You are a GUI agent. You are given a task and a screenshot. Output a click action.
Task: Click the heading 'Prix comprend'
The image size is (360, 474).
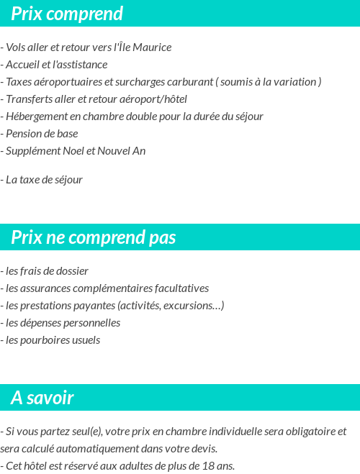click(x=67, y=14)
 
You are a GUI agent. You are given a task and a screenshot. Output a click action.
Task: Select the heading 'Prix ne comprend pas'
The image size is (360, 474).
click(x=93, y=237)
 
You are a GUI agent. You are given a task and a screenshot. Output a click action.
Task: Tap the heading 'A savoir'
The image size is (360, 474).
click(x=42, y=398)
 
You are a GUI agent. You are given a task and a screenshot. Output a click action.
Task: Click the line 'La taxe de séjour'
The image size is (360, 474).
click(x=44, y=180)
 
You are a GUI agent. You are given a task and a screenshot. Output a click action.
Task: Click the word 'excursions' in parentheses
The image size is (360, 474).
click(x=194, y=306)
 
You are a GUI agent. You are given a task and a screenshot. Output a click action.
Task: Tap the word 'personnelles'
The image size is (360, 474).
click(x=91, y=323)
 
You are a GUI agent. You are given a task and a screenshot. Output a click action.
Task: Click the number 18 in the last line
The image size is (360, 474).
click(x=210, y=466)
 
